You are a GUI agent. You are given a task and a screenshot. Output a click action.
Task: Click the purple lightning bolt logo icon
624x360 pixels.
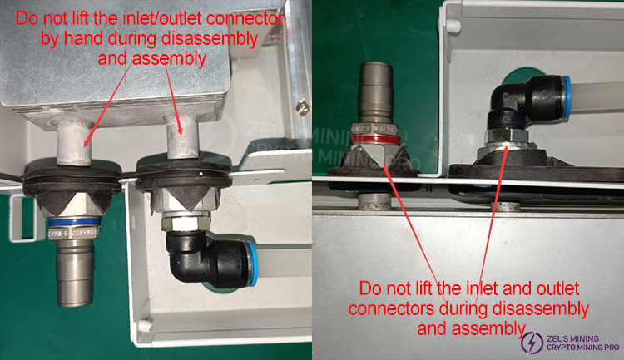pyautogui.click(x=529, y=340)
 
